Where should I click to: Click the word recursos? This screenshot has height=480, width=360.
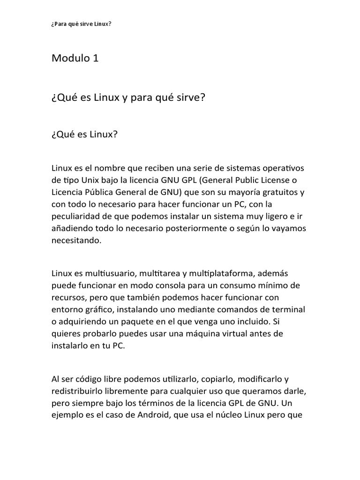click(x=68, y=297)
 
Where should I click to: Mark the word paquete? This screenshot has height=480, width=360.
click(x=130, y=322)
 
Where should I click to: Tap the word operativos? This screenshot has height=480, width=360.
click(x=286, y=168)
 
